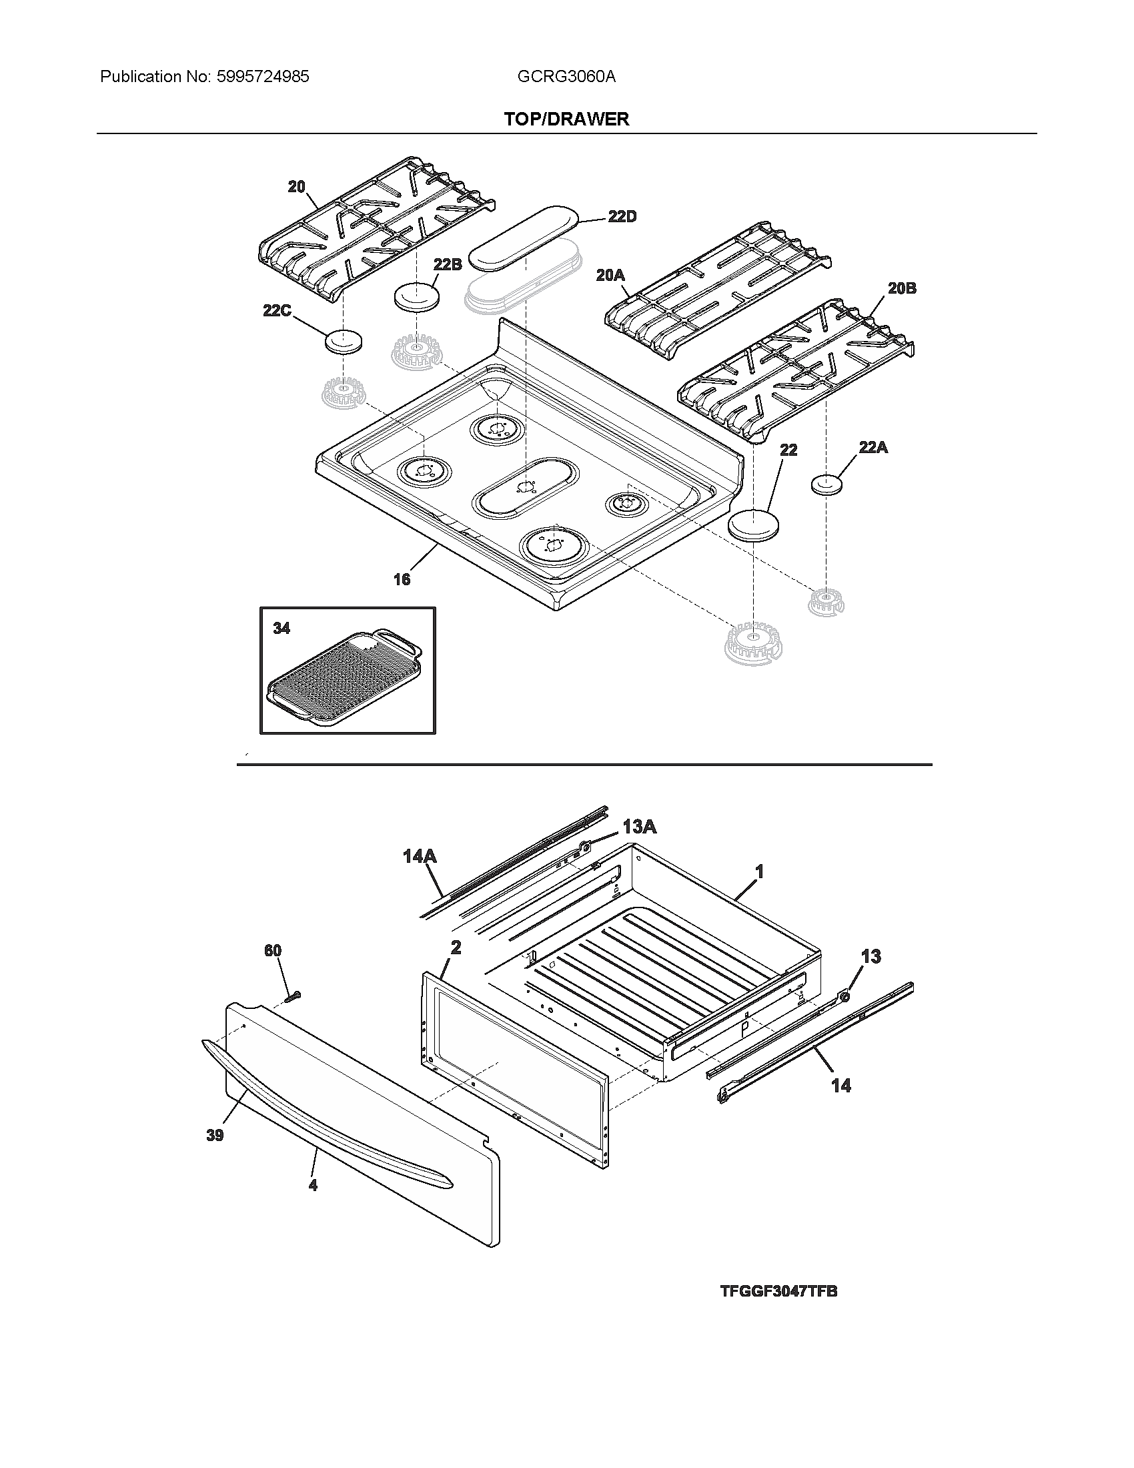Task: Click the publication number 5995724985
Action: coord(263,77)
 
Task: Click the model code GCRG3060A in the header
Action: coord(566,77)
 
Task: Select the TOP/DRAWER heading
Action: coord(566,119)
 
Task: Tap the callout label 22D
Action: coord(622,216)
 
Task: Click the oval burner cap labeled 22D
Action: coord(524,239)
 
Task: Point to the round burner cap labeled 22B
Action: coord(416,296)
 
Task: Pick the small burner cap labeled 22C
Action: coord(343,342)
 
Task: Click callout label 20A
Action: coord(610,275)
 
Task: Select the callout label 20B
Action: coord(902,288)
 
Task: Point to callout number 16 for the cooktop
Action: coord(402,579)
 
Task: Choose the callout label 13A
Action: coord(639,827)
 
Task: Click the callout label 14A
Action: coord(420,855)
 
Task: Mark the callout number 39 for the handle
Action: coord(215,1135)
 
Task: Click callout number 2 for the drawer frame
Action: coord(456,948)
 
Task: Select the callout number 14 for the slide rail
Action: coord(840,1085)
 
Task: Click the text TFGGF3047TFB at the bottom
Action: coord(778,1291)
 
